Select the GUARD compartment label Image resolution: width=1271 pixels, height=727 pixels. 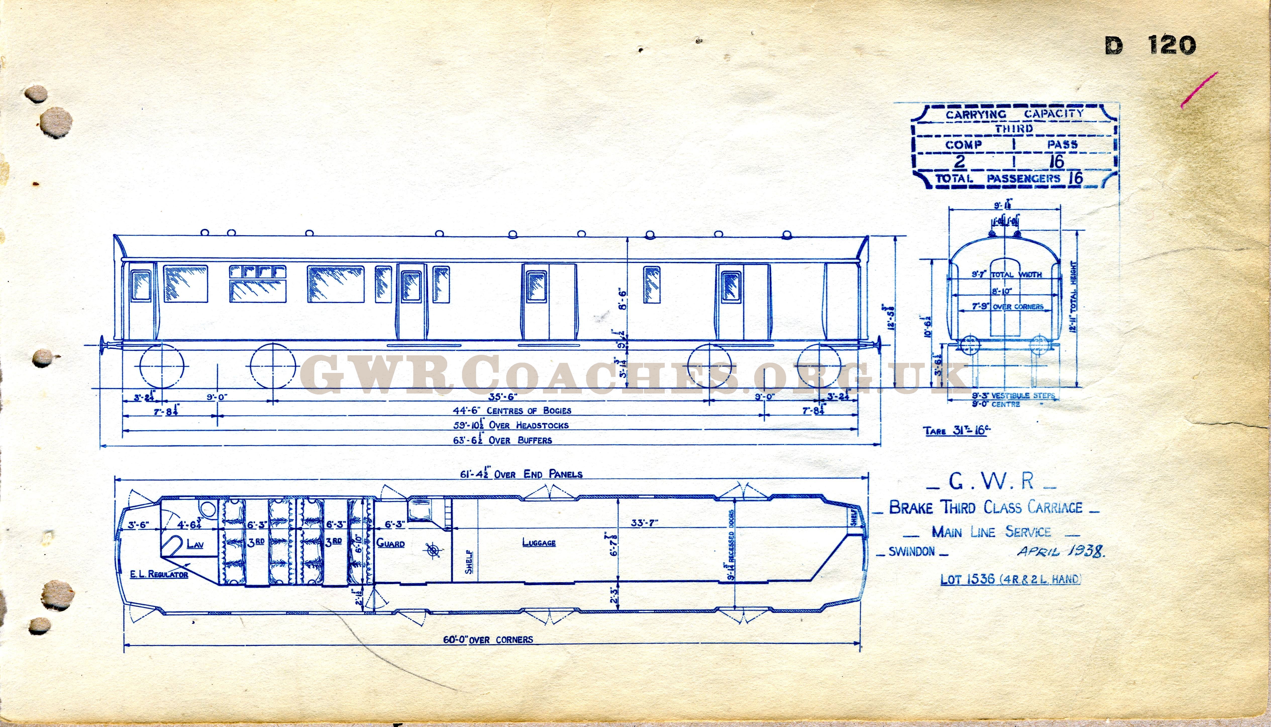pos(390,543)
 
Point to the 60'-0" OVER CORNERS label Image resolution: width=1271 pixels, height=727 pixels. pos(488,640)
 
